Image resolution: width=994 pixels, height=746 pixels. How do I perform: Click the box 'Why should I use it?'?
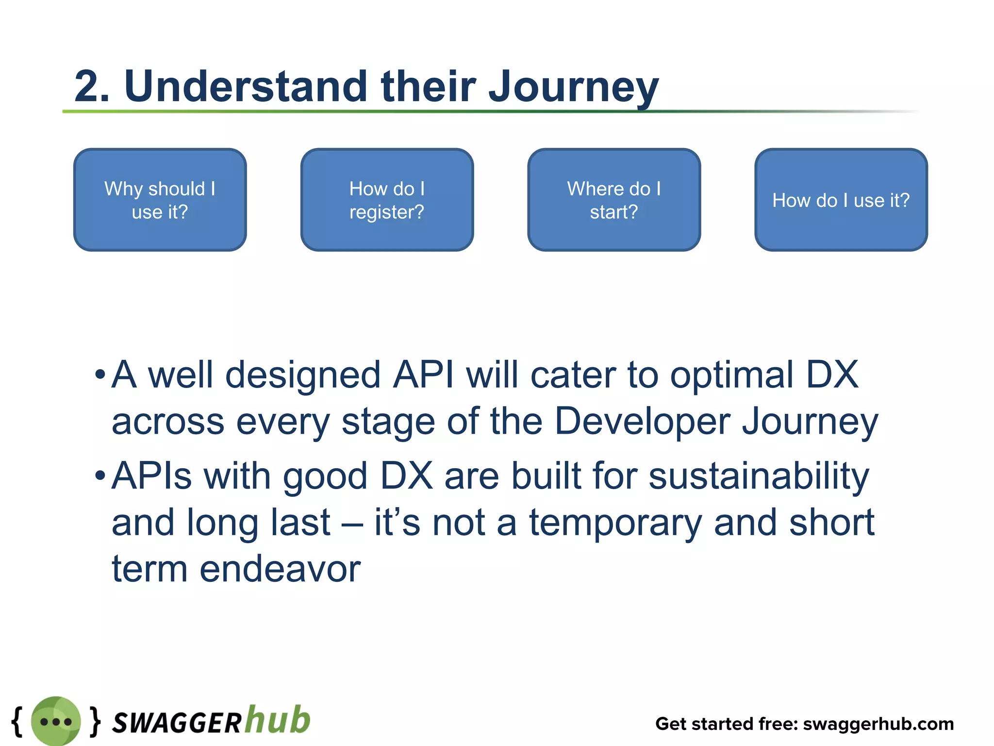click(160, 200)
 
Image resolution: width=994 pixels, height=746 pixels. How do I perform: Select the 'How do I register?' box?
click(387, 200)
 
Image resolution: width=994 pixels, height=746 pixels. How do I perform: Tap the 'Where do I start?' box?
click(614, 200)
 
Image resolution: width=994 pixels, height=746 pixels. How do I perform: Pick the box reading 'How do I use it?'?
click(841, 200)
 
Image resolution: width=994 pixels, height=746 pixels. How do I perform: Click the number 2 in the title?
click(87, 86)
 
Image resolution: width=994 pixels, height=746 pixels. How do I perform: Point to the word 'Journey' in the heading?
click(573, 87)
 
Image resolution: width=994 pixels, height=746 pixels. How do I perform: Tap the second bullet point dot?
click(100, 475)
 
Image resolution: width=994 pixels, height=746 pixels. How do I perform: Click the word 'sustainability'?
click(759, 476)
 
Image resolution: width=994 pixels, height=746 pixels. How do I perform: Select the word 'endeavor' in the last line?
click(280, 569)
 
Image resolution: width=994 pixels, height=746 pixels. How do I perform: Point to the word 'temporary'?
click(615, 523)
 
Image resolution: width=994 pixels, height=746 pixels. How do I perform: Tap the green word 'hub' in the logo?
click(277, 719)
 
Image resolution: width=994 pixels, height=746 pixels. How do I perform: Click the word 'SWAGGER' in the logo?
click(177, 723)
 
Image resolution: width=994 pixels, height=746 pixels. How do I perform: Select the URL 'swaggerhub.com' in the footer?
click(878, 724)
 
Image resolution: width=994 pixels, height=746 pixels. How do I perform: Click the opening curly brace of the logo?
click(17, 721)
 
